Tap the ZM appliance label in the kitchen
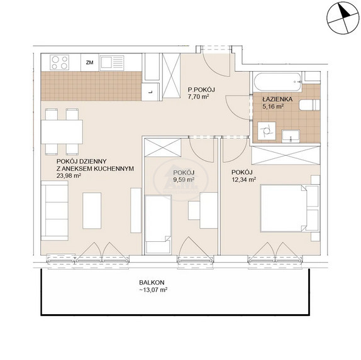(89, 62)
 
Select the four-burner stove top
(60, 62)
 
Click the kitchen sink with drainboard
(112, 63)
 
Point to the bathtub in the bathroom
(277, 82)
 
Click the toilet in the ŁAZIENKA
(309, 106)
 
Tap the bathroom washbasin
(291, 136)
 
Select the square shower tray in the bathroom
(267, 131)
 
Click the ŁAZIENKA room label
(277, 99)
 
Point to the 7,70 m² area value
(198, 97)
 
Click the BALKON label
(152, 283)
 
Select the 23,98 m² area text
(69, 176)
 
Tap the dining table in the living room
(62, 132)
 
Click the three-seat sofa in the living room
(55, 210)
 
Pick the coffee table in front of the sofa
(92, 210)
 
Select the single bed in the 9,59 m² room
(158, 225)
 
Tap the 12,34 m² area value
(244, 180)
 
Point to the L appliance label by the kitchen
(150, 92)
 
